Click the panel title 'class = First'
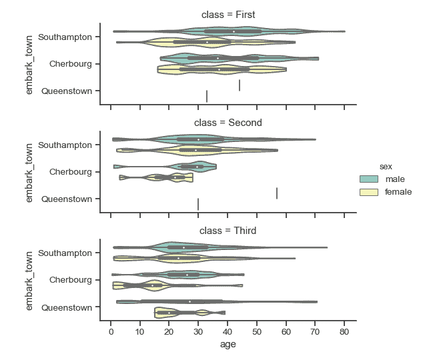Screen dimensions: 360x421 tap(228, 15)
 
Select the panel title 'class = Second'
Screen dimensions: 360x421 tap(228, 123)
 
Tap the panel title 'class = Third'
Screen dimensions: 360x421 tap(228, 231)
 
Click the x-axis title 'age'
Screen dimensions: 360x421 tap(228, 345)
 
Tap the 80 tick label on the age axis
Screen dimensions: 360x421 tap(344, 331)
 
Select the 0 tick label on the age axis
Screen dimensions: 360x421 tap(111, 331)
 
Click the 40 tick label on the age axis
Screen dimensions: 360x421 tap(228, 331)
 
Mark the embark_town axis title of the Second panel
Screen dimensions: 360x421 tap(29, 171)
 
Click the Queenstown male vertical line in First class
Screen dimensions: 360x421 tap(240, 85)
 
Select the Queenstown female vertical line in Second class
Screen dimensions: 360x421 tap(198, 204)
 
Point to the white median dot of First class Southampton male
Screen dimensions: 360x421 tap(234, 31)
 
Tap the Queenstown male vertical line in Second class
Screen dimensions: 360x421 tap(277, 193)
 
